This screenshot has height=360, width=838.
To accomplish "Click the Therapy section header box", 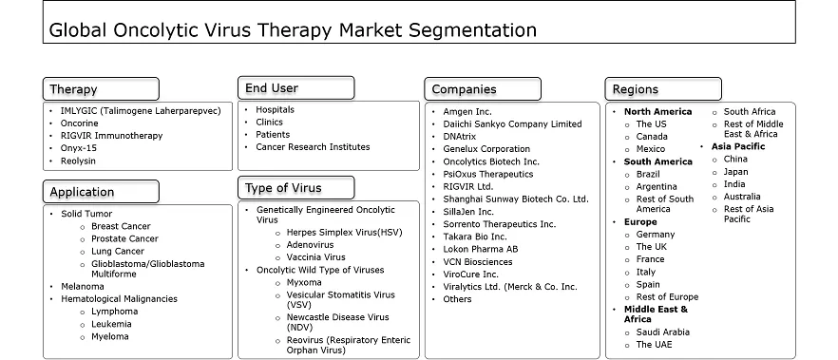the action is click(101, 88).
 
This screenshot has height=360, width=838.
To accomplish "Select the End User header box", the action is click(296, 87).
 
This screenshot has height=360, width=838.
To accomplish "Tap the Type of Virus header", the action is click(296, 187).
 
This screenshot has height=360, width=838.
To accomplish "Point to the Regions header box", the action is click(663, 88).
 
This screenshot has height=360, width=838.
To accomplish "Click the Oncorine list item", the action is click(79, 123).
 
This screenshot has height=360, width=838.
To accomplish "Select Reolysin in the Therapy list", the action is click(78, 161).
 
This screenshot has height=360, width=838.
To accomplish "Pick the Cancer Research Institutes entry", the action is click(313, 147).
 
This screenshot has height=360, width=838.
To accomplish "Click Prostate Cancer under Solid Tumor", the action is click(124, 238).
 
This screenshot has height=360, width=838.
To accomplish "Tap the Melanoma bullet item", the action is click(83, 286).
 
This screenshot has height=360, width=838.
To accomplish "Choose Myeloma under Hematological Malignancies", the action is click(109, 336).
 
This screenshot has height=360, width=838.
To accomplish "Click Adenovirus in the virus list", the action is click(310, 245).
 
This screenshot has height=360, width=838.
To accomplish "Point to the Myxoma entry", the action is click(304, 282).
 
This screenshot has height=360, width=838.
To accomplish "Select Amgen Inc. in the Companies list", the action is click(467, 112).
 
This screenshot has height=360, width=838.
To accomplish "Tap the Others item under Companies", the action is click(457, 299).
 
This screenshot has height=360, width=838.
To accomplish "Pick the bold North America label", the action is click(657, 112).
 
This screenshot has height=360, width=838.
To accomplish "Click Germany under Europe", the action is click(656, 235).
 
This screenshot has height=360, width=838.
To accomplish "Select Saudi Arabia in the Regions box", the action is click(663, 332).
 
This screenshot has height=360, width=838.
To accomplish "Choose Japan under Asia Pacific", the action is click(736, 172).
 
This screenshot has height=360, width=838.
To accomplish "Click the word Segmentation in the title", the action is click(473, 29).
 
